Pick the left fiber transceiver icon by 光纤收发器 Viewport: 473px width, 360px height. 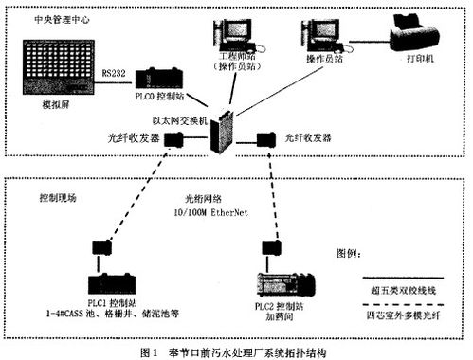point(173,141)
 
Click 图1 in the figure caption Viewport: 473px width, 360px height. point(150,351)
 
